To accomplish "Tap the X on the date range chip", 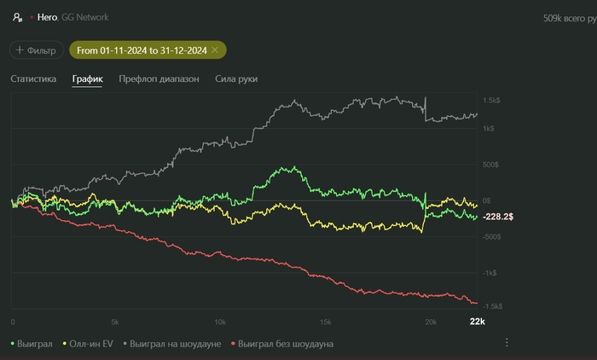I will pyautogui.click(x=215, y=50).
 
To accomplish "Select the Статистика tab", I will pyautogui.click(x=33, y=79).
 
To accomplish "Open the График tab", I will pyautogui.click(x=87, y=79).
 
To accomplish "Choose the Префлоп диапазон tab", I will pyautogui.click(x=159, y=79).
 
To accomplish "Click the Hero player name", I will pyautogui.click(x=47, y=17).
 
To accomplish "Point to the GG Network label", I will pyautogui.click(x=84, y=17).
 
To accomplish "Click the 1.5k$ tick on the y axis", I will pyautogui.click(x=491, y=101).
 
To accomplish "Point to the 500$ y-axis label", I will pyautogui.click(x=491, y=165).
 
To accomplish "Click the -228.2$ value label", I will pyautogui.click(x=498, y=218).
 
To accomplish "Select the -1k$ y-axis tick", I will pyautogui.click(x=490, y=273).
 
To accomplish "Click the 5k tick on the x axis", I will pyautogui.click(x=115, y=322).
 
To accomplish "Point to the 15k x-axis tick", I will pyautogui.click(x=324, y=322).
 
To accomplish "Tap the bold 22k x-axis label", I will pyautogui.click(x=478, y=322).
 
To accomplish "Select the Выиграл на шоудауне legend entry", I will pyautogui.click(x=177, y=344).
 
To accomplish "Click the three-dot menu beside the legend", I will pyautogui.click(x=507, y=343).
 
